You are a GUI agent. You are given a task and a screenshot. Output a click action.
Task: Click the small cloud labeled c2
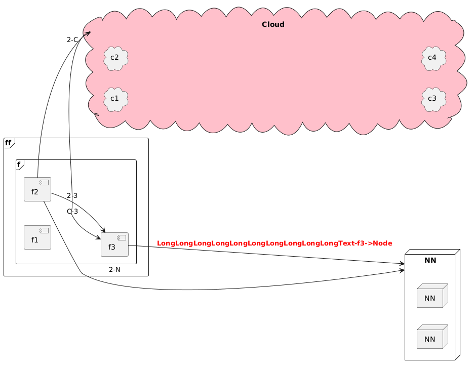pyautogui.click(x=115, y=57)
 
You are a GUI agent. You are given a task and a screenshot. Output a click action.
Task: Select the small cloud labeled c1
pyautogui.click(x=115, y=98)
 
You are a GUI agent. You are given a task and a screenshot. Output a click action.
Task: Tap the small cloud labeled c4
pyautogui.click(x=433, y=57)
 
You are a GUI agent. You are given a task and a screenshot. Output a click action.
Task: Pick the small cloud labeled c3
pyautogui.click(x=433, y=98)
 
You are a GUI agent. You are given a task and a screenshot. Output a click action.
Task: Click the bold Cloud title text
pyautogui.click(x=273, y=25)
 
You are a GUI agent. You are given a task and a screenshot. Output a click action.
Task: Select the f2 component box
pyautogui.click(x=37, y=190)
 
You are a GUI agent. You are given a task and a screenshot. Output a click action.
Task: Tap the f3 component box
pyautogui.click(x=114, y=245)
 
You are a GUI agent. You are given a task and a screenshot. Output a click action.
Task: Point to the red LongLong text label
pyautogui.click(x=274, y=243)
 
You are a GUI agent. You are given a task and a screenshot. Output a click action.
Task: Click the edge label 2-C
pyautogui.click(x=72, y=39)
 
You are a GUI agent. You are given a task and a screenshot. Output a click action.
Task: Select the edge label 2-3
pyautogui.click(x=72, y=195)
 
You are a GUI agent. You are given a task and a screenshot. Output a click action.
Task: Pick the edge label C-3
pyautogui.click(x=72, y=211)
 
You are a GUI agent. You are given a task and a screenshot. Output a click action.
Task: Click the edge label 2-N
pyautogui.click(x=114, y=269)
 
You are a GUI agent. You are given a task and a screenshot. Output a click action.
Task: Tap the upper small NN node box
pyautogui.click(x=430, y=296)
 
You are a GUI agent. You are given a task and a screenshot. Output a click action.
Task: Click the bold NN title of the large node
pyautogui.click(x=430, y=261)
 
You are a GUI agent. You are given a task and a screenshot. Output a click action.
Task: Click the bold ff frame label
pyautogui.click(x=8, y=143)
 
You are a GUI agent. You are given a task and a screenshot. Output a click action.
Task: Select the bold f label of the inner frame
pyautogui.click(x=19, y=164)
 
